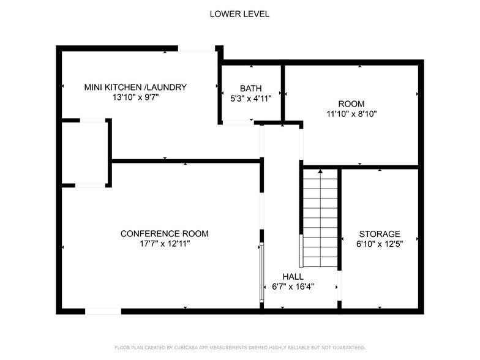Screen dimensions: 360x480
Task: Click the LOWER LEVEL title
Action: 239,14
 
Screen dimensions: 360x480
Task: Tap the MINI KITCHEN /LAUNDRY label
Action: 135,88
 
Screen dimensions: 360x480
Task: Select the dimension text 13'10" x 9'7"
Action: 135,97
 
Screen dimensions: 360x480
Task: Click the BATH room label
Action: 250,88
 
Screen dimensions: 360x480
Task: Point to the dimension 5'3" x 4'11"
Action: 250,98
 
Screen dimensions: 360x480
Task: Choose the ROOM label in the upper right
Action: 351,103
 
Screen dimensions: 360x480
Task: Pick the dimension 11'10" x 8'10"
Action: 351,113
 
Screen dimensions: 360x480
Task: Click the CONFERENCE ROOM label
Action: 164,234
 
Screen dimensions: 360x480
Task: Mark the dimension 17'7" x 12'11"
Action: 164,244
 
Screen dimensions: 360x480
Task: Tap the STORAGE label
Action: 380,234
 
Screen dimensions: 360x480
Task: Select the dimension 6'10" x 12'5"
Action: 380,244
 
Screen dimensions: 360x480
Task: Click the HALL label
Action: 293,277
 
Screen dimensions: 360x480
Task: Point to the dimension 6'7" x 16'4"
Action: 293,287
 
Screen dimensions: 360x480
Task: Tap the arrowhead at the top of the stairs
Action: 320,172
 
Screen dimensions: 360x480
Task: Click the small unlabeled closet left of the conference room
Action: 85,153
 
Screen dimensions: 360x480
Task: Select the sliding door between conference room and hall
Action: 262,272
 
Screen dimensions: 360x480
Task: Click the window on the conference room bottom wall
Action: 103,311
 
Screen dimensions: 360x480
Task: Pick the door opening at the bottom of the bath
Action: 238,122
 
